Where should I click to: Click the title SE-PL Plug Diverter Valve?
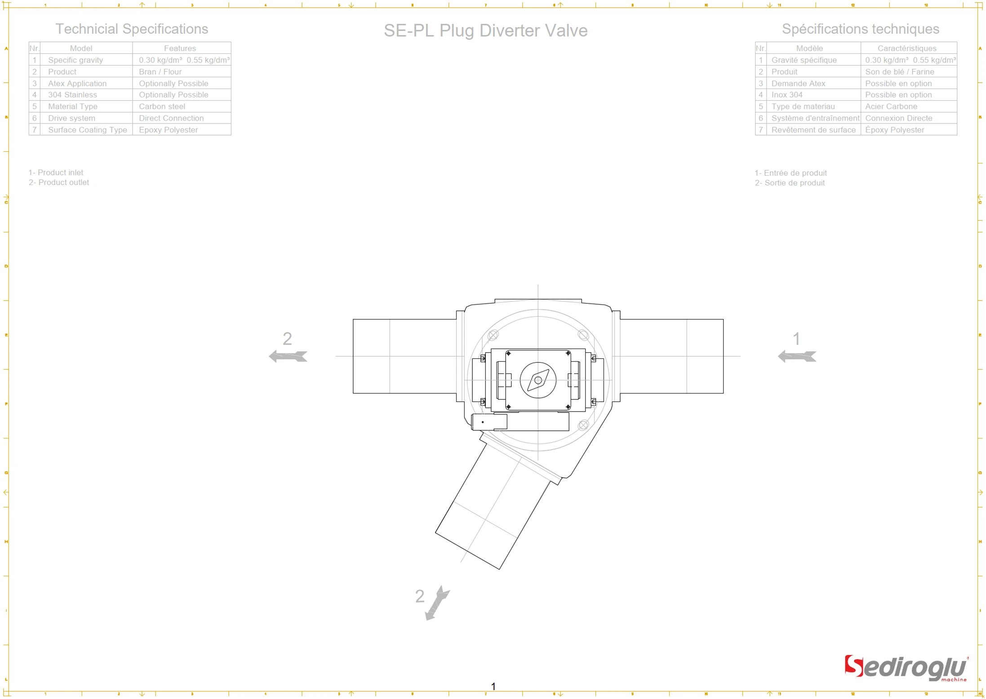485,31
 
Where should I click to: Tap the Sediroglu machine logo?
905,668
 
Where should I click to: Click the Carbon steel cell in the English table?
162,106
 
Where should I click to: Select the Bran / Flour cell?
160,72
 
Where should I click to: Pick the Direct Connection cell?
171,118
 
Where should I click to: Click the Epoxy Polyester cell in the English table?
168,130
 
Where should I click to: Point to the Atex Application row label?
77,84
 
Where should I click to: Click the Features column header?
180,48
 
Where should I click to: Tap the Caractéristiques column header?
906,48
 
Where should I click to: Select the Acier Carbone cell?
891,106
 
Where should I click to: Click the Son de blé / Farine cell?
899,72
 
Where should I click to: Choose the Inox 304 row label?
786,95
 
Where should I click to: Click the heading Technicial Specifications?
132,29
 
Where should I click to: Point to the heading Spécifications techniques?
860,29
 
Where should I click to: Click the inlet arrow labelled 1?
797,356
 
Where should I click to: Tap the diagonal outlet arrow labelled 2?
437,603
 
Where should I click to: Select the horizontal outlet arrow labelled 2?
288,356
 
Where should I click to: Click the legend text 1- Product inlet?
56,173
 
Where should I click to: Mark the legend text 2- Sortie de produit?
790,183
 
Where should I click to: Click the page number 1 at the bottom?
493,686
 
